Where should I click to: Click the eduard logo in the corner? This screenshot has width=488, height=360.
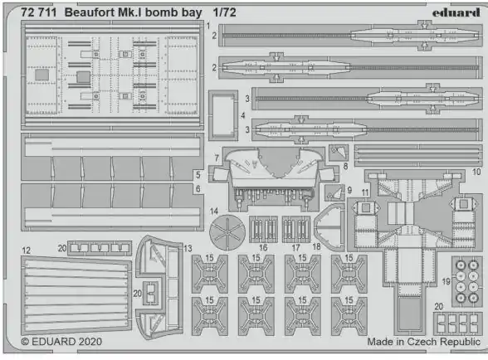456,12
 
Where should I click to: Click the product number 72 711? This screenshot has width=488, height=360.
39,12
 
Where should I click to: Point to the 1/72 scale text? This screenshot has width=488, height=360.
224,12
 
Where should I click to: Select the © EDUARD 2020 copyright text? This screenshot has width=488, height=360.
61,341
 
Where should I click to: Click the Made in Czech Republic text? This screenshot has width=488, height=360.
423,341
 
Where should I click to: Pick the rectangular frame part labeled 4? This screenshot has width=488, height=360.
223,114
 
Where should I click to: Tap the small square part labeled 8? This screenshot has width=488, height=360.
339,153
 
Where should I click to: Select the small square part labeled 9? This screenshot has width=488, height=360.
334,193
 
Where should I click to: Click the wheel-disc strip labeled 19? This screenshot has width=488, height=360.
467,281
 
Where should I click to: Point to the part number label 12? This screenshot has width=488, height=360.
27,251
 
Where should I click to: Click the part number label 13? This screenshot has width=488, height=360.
188,248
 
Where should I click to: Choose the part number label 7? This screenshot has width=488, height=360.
217,158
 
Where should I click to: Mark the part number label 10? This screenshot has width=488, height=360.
476,172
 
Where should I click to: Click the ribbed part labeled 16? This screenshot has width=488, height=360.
263,230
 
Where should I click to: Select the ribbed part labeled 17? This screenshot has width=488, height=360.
296,230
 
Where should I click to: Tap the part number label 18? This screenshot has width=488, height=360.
316,246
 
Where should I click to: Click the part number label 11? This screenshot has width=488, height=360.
365,193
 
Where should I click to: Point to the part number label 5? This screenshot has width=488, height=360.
198,175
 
